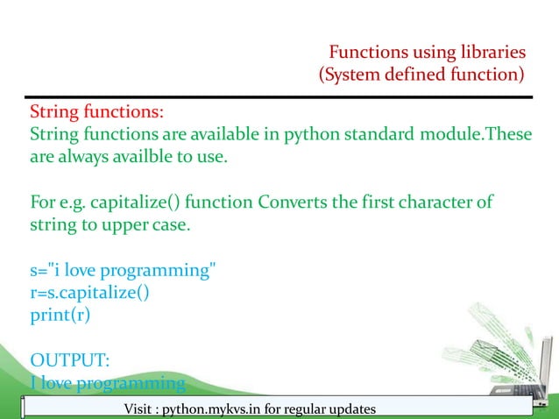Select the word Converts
[294, 203]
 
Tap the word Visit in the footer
[142, 409]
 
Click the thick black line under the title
[279, 96]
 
